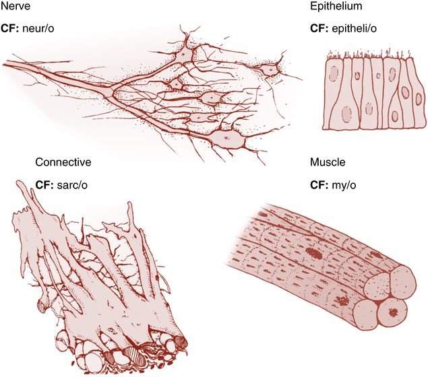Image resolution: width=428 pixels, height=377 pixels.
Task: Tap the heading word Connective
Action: tap(63, 163)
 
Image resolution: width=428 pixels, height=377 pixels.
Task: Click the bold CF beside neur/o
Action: tap(11, 31)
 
